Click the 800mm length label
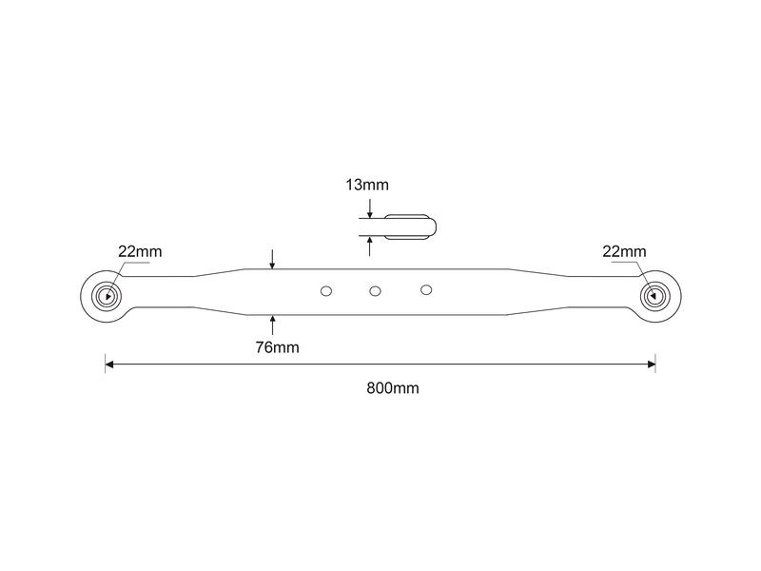[x=393, y=388]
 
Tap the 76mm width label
[x=277, y=347]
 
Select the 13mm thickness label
[x=367, y=185]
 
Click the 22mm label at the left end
[x=140, y=251]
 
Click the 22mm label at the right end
[x=624, y=251]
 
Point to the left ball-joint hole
[x=107, y=296]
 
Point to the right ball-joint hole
[x=655, y=295]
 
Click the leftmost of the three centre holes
[x=326, y=291]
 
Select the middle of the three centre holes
[x=375, y=291]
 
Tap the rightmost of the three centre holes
[x=426, y=290]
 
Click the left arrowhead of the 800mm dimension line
[x=109, y=364]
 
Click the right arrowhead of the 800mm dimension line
[x=652, y=364]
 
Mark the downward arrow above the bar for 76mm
[x=272, y=259]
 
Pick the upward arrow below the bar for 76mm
[x=272, y=325]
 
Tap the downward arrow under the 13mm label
[x=370, y=208]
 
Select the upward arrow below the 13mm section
[x=370, y=246]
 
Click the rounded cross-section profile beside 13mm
[x=410, y=227]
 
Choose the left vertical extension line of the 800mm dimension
[x=106, y=364]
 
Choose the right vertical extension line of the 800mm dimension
[x=655, y=364]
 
